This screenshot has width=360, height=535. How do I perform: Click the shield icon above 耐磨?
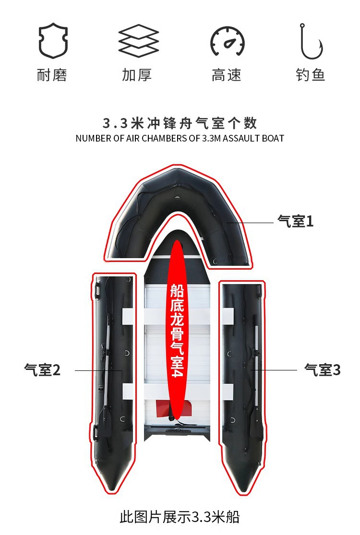point(53,41)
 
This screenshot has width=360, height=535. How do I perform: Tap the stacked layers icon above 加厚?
point(138,41)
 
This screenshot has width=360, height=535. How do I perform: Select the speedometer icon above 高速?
point(227,41)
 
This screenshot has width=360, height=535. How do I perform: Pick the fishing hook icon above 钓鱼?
point(311,41)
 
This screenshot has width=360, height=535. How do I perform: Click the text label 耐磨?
point(52,75)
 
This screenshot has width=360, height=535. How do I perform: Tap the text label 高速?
point(227,75)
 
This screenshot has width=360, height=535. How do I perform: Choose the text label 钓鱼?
point(311,75)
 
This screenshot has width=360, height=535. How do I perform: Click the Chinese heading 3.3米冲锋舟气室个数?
point(180,123)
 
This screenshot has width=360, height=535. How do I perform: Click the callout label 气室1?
point(295,222)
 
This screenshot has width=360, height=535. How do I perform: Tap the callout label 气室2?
point(42,370)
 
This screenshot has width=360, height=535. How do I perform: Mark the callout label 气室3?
point(323,370)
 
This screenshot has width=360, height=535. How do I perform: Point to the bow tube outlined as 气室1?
point(144,202)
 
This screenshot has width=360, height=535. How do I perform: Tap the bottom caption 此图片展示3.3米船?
point(180,517)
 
